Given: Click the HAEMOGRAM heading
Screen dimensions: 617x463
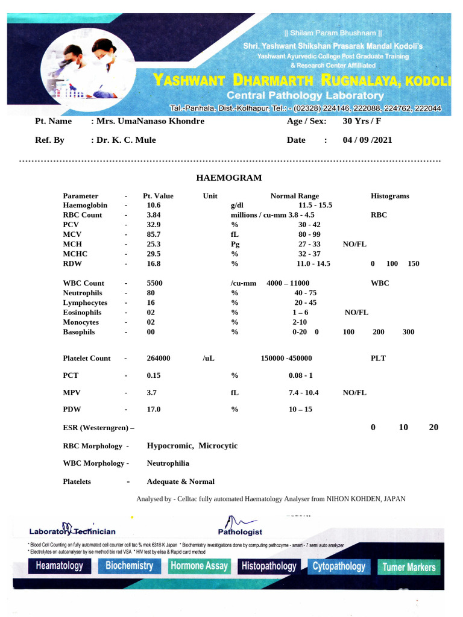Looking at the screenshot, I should pos(228,178).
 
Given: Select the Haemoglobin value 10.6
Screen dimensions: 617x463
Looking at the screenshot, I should pos(154,205).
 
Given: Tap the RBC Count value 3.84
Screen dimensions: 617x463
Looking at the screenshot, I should pos(154,215).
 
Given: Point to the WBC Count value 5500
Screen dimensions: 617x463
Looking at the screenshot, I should pos(155,283).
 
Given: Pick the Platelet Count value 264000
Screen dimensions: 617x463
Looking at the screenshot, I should pos(159,359).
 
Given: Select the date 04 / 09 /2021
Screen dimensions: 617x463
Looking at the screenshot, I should pos(367,140).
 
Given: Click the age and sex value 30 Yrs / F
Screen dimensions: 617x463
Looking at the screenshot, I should pos(362,121).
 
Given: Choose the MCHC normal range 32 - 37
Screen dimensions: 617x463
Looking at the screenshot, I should pos(309,254).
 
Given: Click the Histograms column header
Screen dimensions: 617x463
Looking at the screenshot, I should pos(389,196).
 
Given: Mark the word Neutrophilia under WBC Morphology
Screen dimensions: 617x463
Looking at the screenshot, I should pos(168,463).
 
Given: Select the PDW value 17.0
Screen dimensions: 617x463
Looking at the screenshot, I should pos(154,410).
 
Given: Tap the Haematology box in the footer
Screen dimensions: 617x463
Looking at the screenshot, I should pos(59,566).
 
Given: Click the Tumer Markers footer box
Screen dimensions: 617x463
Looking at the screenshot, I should pos(409,567).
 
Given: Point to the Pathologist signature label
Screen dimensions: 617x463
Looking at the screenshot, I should pos(240,532).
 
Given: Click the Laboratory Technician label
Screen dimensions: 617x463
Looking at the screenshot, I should pos(72,531).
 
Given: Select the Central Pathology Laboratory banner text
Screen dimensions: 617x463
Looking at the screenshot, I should pos(304,96).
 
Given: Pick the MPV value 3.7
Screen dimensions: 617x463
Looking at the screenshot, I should pos(151,393).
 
